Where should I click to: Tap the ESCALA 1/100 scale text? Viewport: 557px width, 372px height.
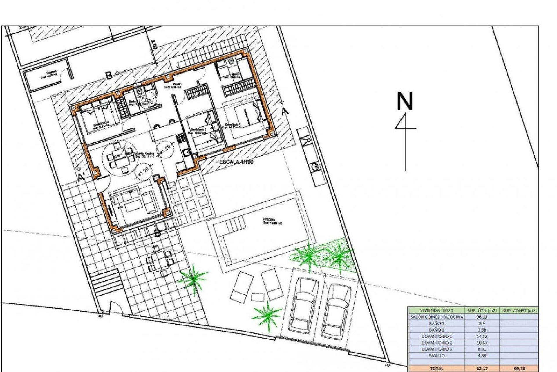[x=236, y=162]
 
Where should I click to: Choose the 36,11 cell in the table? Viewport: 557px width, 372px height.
[x=481, y=317]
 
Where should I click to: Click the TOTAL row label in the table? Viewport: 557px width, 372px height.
[x=437, y=369]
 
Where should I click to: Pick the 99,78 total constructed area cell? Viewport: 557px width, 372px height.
[x=519, y=369]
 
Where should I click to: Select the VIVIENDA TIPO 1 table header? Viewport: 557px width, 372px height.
[x=437, y=310]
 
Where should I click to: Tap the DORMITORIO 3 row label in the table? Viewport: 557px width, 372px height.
[x=437, y=349]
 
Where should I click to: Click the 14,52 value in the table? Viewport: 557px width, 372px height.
[x=481, y=336]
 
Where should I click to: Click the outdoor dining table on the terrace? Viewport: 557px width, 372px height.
[x=158, y=259]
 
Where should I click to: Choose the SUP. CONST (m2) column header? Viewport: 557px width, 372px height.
[x=519, y=310]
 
